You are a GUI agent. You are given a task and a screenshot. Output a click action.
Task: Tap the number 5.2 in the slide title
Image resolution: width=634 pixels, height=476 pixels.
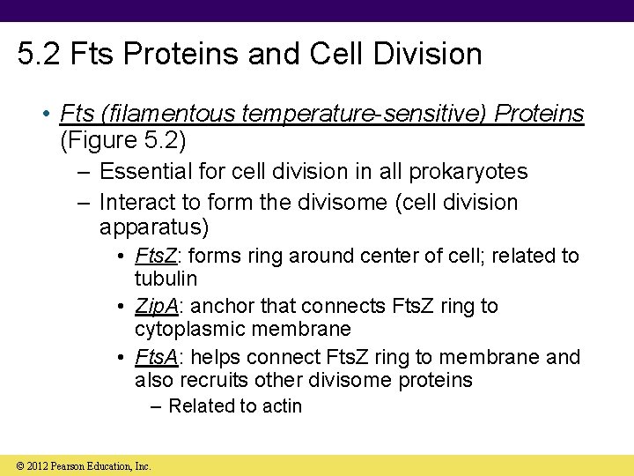point(41,54)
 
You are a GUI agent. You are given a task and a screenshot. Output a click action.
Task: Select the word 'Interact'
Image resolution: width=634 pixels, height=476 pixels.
point(135,202)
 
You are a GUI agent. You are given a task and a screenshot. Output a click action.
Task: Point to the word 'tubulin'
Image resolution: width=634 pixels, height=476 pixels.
point(166,279)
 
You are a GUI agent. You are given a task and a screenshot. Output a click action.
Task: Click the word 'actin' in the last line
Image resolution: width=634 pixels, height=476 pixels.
point(281,406)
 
